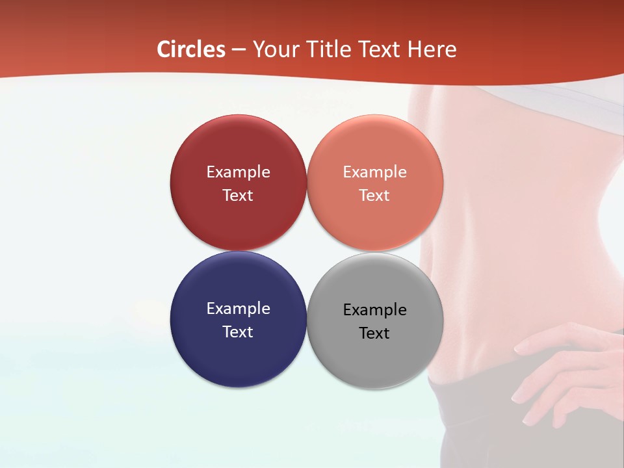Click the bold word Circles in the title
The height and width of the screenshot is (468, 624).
[191, 49]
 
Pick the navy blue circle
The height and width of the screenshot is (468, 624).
[238, 354]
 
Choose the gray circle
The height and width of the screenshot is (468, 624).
[375, 357]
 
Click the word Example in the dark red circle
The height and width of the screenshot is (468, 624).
[238, 172]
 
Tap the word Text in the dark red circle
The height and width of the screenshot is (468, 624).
[238, 195]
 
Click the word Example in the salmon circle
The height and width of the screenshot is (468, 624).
[375, 172]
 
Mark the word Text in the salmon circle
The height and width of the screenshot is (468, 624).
[375, 195]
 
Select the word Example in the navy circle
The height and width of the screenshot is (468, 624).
[238, 308]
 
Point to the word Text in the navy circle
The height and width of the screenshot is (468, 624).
[238, 331]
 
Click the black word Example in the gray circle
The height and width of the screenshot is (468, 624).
[375, 309]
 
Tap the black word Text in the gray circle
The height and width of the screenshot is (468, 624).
[375, 333]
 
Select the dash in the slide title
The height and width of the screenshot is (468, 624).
[239, 49]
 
